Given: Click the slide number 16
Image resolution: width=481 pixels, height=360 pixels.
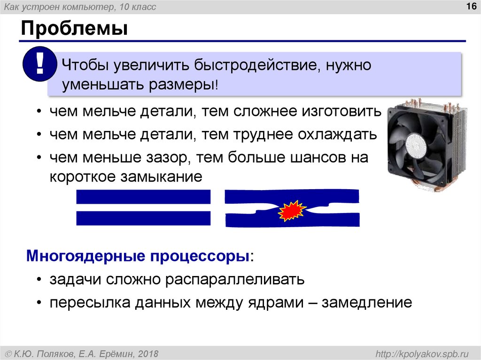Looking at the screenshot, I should tap(470, 6).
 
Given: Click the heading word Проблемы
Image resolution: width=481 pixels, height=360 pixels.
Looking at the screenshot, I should tap(74, 29).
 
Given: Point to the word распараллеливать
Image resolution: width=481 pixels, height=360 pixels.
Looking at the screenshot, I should tap(235, 280).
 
